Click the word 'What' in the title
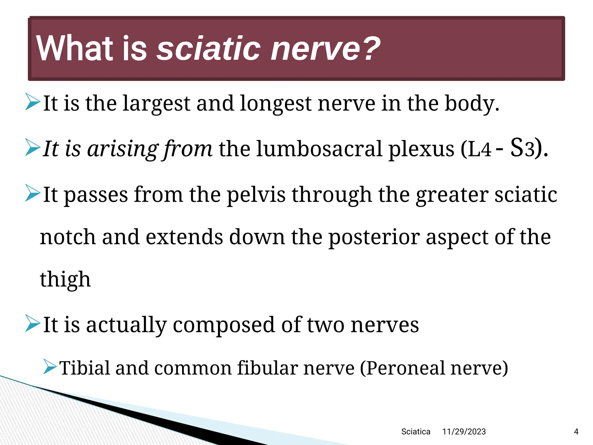point(74,48)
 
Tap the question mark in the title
point(371,48)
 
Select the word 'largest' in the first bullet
point(156,104)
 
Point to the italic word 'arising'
point(123,149)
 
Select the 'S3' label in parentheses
point(522,148)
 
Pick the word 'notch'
point(68,237)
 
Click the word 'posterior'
point(374,237)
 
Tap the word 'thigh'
point(65,280)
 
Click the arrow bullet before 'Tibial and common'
point(50,366)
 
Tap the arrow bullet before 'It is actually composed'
point(32,323)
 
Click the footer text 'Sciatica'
point(416,432)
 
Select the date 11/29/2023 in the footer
point(464,432)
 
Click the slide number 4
point(576,432)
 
